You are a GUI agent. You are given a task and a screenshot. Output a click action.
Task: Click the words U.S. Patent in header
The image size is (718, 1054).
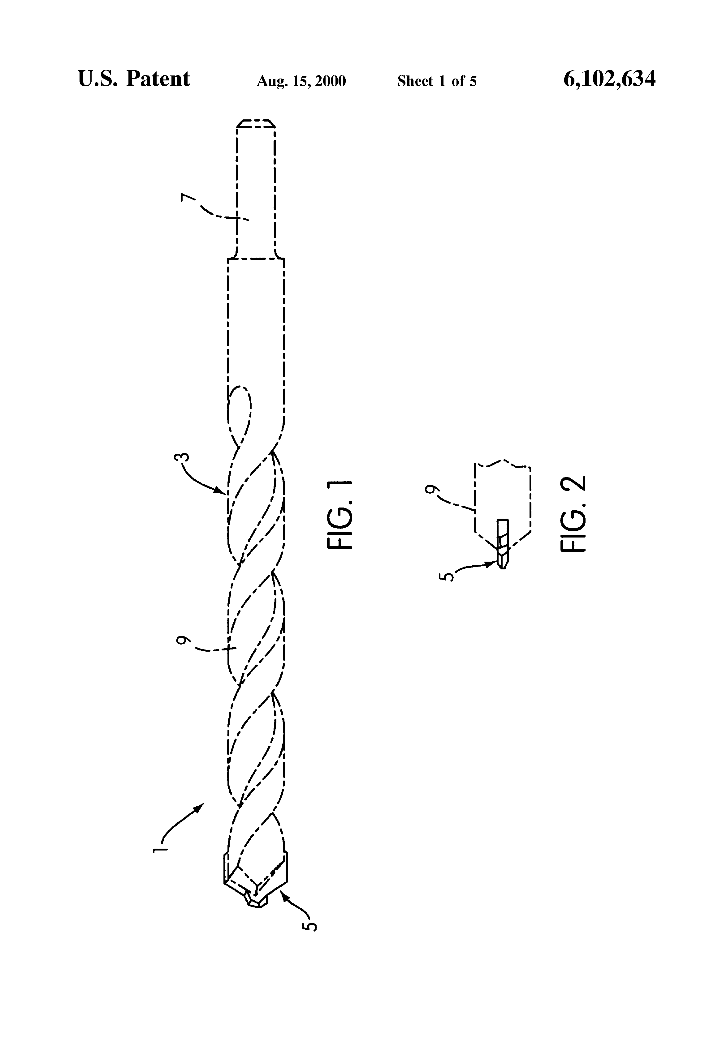click(x=134, y=79)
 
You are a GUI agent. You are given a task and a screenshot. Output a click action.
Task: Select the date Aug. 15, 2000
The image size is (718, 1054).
click(x=301, y=81)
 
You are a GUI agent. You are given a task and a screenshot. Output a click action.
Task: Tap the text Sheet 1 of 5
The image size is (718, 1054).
click(x=437, y=81)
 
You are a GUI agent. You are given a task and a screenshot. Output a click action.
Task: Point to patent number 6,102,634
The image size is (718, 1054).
click(x=609, y=79)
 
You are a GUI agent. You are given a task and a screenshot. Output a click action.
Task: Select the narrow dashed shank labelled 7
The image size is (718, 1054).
click(x=256, y=191)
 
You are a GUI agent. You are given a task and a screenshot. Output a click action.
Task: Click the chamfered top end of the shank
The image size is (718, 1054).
click(x=256, y=123)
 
